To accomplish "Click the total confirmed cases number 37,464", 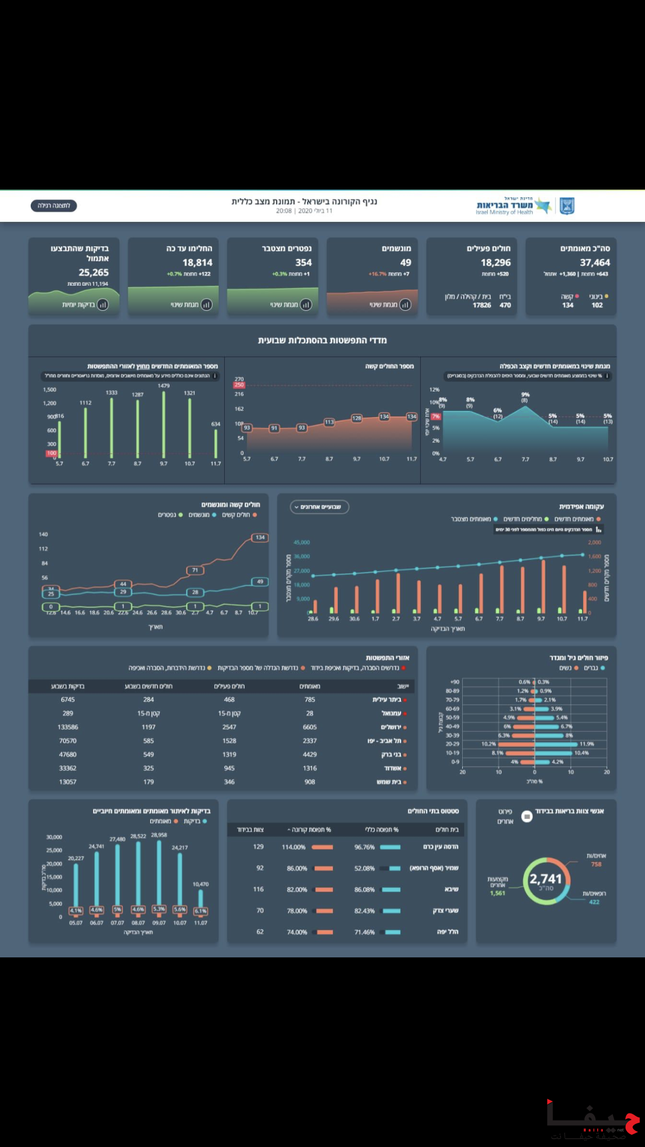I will [x=595, y=263].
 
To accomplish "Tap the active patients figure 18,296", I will [x=495, y=263].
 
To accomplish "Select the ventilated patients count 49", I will [x=406, y=263].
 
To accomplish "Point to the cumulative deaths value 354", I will [x=303, y=263].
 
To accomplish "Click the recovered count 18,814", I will [x=197, y=263].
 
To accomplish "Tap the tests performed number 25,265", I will [x=93, y=273].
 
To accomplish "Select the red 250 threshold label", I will [x=239, y=385].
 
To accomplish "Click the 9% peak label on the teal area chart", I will [x=525, y=395].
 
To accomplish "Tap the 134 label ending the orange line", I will [x=260, y=538].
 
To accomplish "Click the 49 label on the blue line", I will [x=260, y=582].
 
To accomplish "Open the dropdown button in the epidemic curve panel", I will [x=319, y=507].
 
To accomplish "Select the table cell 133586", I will [x=68, y=727].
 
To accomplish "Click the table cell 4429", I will [x=310, y=755].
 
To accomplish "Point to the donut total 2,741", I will [x=545, y=879].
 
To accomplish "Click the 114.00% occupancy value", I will [x=293, y=847].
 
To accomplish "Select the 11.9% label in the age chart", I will [x=587, y=744].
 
